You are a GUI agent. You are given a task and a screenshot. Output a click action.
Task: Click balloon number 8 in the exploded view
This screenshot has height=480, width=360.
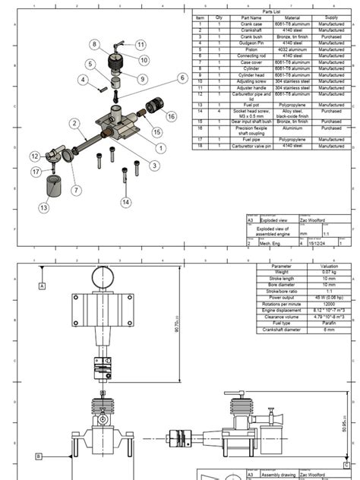point(95,45)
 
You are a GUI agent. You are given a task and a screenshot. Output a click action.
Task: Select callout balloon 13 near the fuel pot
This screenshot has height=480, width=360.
point(43,207)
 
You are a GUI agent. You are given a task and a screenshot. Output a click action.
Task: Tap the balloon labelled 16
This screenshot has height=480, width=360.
point(171,116)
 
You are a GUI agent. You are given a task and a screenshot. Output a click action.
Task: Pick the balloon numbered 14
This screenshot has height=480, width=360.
point(126,202)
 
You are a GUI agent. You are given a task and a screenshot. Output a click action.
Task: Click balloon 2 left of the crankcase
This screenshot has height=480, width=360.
point(74,123)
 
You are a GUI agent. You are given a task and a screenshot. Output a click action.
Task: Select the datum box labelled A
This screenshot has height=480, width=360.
point(42,285)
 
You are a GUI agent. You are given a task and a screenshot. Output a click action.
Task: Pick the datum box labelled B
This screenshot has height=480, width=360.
point(38,456)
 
